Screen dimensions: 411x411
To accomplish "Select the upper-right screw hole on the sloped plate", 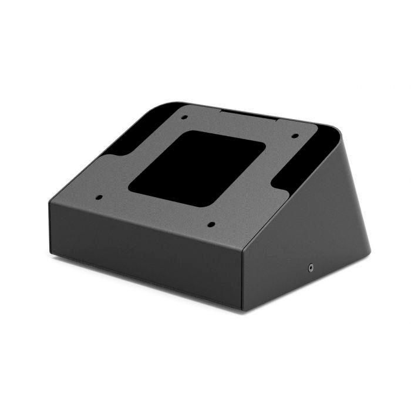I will [x=295, y=136].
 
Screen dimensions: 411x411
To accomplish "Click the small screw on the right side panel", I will [x=310, y=268].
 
